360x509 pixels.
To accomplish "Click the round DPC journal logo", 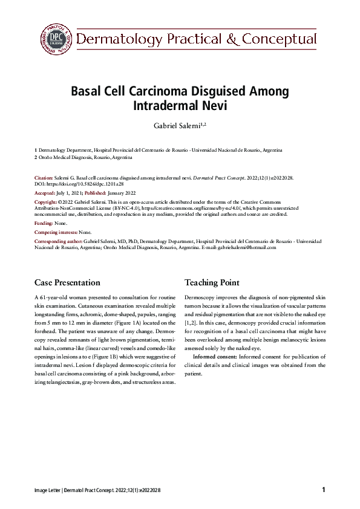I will pos(56,39).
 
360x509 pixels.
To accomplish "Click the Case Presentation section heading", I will pos(67,282).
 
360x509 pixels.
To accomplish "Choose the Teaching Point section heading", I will pos(212,282).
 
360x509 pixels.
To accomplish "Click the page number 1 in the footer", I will pos(324,489).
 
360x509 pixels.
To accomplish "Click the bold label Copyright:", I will pos(46,202).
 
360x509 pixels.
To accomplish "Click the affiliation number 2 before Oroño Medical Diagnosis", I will pos(36,157).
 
